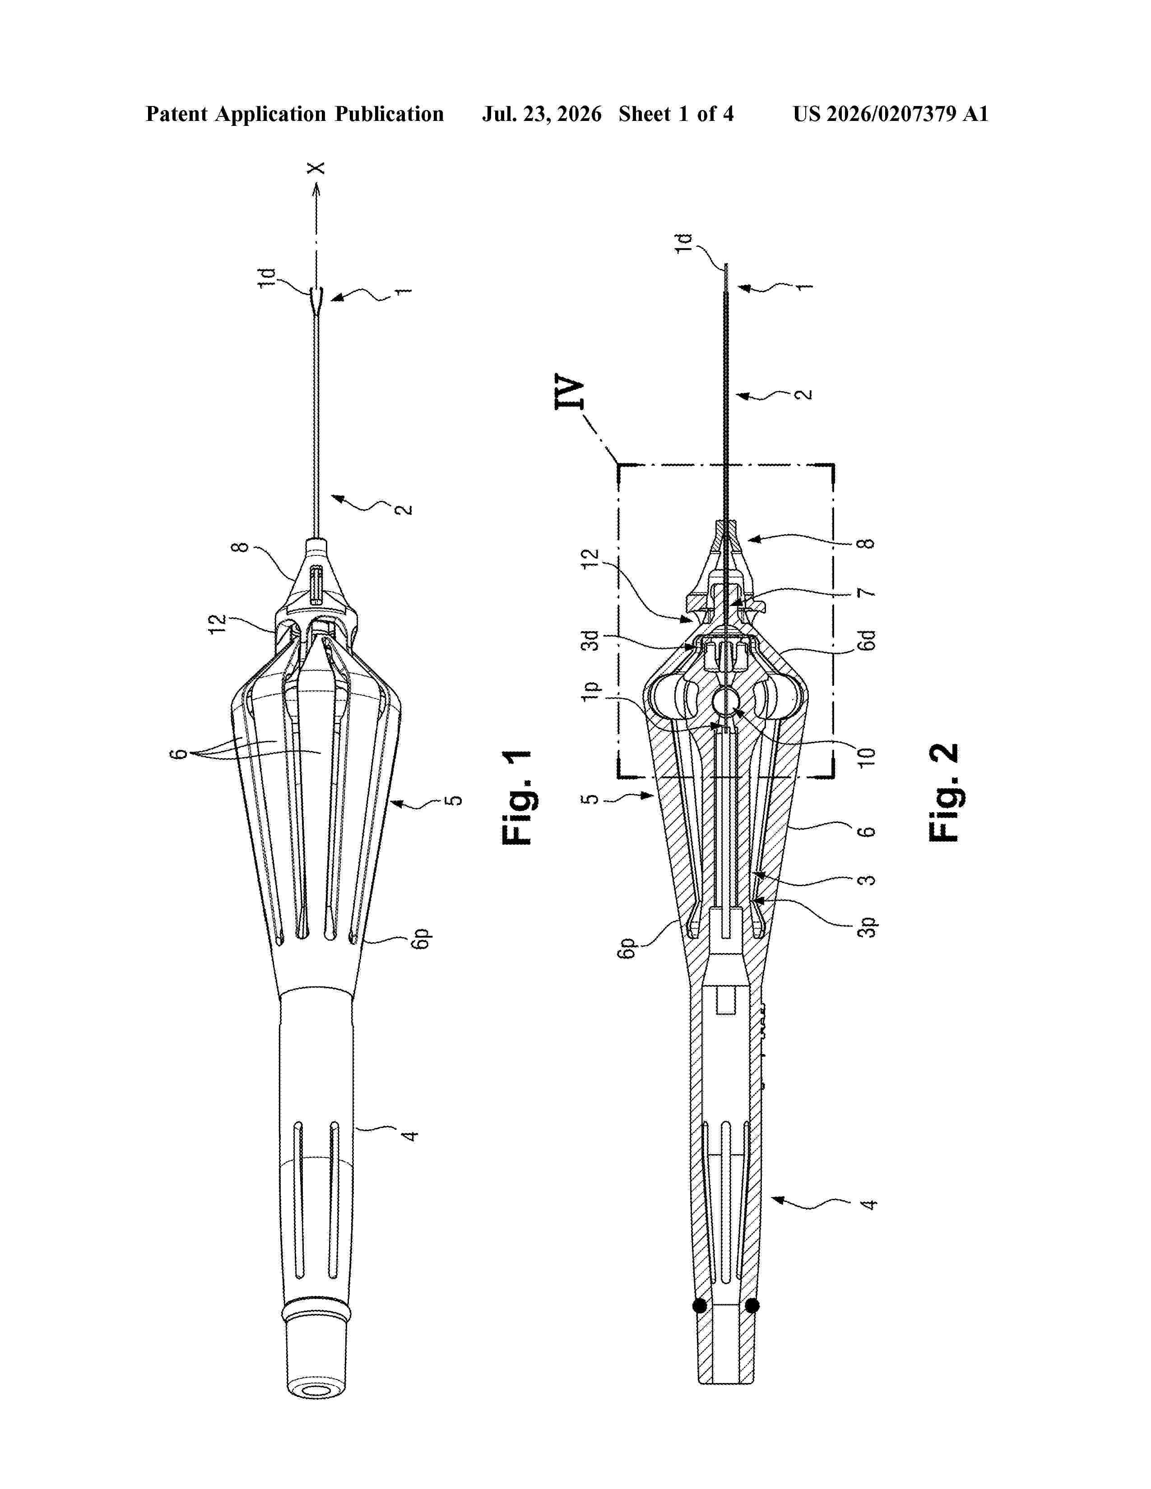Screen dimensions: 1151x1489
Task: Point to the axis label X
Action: point(316,168)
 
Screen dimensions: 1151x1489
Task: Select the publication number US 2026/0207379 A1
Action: point(891,114)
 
